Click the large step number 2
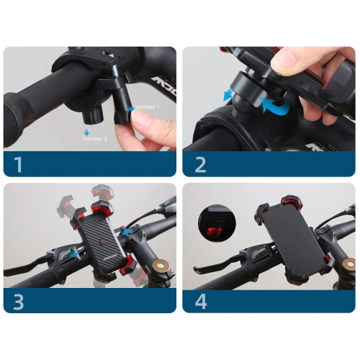200,164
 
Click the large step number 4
200,300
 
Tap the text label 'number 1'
150,107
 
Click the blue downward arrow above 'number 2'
86,132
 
